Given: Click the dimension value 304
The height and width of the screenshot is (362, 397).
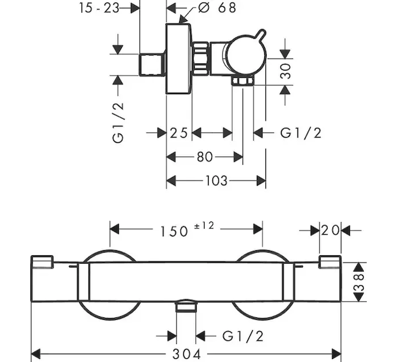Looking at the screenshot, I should click(186, 354).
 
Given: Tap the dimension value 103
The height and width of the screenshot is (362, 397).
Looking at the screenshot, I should click(216, 180).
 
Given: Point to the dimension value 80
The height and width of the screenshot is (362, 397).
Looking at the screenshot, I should click(205, 157).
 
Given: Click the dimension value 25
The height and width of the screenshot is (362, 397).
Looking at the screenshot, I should click(179, 133).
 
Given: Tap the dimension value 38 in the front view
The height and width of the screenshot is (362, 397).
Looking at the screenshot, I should click(360, 281).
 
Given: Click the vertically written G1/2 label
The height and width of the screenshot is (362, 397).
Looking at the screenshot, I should click(118, 121).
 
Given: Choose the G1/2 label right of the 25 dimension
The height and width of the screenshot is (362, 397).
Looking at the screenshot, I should click(300, 133).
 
